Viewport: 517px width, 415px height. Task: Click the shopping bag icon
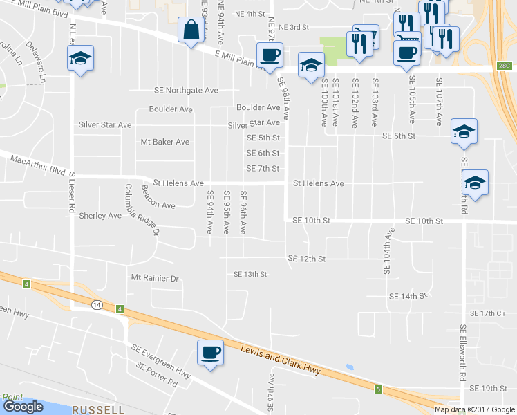(190, 30)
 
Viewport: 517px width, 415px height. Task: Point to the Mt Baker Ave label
(164, 142)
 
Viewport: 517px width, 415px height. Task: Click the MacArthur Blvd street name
(37, 164)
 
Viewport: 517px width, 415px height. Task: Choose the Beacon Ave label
(158, 205)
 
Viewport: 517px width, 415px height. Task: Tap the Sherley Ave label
(100, 216)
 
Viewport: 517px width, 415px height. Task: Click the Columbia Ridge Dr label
(142, 210)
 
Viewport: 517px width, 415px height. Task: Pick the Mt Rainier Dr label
(155, 278)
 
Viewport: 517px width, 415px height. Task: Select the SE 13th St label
(250, 274)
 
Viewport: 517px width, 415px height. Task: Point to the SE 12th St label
(307, 259)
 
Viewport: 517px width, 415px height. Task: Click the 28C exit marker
(504, 66)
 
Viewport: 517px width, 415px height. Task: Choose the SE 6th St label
(263, 153)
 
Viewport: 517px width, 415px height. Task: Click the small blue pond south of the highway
(350, 367)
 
